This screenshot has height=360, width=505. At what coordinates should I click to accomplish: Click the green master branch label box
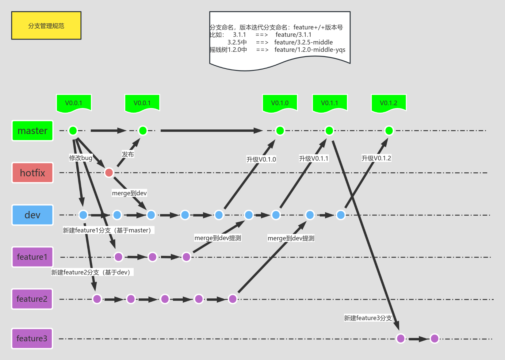tap(33, 131)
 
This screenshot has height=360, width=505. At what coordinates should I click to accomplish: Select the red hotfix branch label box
tap(33, 173)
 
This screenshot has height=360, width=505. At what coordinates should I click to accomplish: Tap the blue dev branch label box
tap(33, 215)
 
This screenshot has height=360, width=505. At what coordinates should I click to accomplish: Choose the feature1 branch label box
tap(33, 257)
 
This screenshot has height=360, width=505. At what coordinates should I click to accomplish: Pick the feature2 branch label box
tap(32, 299)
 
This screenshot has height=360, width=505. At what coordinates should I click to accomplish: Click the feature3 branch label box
tap(32, 339)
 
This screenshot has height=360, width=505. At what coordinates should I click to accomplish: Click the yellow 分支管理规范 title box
tap(46, 26)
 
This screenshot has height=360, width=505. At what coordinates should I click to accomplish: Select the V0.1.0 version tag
tap(280, 103)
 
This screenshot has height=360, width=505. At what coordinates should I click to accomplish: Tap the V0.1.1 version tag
tap(330, 103)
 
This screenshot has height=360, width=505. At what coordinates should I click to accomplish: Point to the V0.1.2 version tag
tap(388, 103)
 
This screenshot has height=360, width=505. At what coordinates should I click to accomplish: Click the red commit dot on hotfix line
tap(109, 173)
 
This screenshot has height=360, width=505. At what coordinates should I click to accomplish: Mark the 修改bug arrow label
tap(81, 158)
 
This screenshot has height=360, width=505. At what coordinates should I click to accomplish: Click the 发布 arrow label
tap(128, 154)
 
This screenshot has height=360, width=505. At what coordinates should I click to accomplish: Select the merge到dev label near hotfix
tap(129, 193)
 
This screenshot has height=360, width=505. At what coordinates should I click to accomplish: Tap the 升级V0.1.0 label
tap(261, 159)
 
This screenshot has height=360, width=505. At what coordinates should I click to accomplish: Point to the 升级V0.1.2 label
tap(376, 158)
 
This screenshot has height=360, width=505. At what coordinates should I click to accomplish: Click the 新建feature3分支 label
tap(368, 318)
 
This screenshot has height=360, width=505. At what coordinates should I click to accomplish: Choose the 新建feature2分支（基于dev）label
tap(92, 272)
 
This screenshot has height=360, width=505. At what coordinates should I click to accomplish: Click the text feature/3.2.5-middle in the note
tap(304, 42)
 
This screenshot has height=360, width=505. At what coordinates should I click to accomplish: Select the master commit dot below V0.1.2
tap(389, 131)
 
